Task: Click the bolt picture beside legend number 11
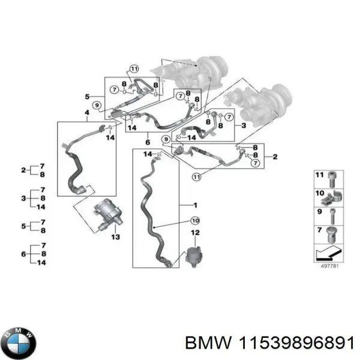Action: tap(334, 179)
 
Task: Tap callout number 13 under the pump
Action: tap(116, 237)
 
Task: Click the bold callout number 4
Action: tap(86, 113)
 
